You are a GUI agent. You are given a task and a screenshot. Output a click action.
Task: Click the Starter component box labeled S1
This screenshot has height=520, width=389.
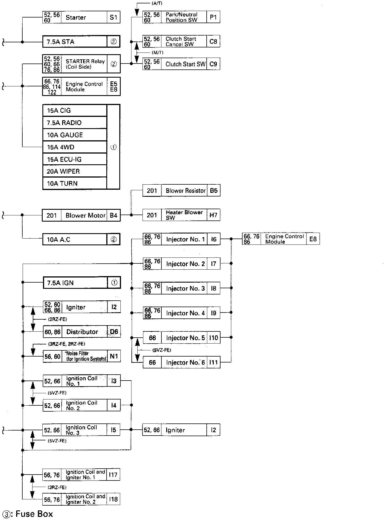(81, 18)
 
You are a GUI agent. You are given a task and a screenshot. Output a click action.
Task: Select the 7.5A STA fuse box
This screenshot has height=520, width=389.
(75, 42)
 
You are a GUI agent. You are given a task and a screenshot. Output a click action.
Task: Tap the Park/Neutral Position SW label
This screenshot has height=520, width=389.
(181, 17)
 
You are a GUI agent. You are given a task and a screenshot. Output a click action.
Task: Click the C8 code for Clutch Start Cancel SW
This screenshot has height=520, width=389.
(213, 41)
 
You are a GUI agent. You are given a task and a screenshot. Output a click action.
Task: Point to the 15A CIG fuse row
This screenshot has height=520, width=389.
(75, 111)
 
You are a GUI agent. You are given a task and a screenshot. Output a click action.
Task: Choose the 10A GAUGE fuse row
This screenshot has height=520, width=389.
(75, 135)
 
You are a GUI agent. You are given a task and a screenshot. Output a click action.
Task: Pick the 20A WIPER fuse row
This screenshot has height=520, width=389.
(75, 171)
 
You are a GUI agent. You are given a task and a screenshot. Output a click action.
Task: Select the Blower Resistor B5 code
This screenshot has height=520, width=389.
(213, 191)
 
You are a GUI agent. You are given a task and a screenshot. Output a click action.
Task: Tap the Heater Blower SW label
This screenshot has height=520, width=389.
(184, 215)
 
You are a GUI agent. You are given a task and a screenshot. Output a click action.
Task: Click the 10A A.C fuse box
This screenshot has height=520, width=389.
(75, 240)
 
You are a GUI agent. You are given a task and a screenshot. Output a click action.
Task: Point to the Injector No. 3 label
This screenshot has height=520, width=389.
(185, 289)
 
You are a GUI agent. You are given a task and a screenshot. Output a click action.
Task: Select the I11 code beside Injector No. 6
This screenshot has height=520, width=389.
(213, 362)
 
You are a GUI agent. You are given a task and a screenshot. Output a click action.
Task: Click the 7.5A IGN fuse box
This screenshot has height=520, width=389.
(75, 283)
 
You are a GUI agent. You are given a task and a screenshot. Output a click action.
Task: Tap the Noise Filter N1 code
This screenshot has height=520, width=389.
(114, 356)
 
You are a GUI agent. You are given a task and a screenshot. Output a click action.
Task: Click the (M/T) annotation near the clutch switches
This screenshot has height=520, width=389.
(157, 53)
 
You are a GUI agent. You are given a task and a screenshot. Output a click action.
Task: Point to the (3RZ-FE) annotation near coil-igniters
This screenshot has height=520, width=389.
(57, 487)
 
